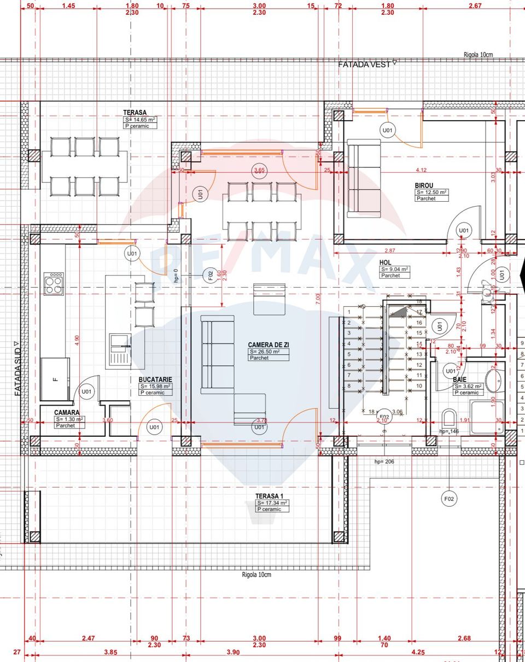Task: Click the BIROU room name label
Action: pyautogui.click(x=424, y=185)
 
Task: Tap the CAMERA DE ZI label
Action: pyautogui.click(x=269, y=344)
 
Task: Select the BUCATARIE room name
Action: pyautogui.click(x=155, y=379)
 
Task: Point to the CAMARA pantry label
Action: pyautogui.click(x=67, y=413)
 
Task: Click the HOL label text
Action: pyautogui.click(x=386, y=262)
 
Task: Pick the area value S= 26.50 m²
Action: pyautogui.click(x=268, y=351)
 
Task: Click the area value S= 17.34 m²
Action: pyautogui.click(x=272, y=502)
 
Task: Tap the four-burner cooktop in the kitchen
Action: pyautogui.click(x=53, y=283)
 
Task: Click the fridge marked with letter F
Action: pyautogui.click(x=55, y=378)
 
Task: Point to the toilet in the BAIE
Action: pyautogui.click(x=448, y=418)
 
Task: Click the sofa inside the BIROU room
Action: pyautogui.click(x=364, y=178)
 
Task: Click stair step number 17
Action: pyautogui.click(x=419, y=312)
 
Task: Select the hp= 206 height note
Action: pyautogui.click(x=385, y=461)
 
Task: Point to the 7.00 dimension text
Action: pyautogui.click(x=318, y=299)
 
